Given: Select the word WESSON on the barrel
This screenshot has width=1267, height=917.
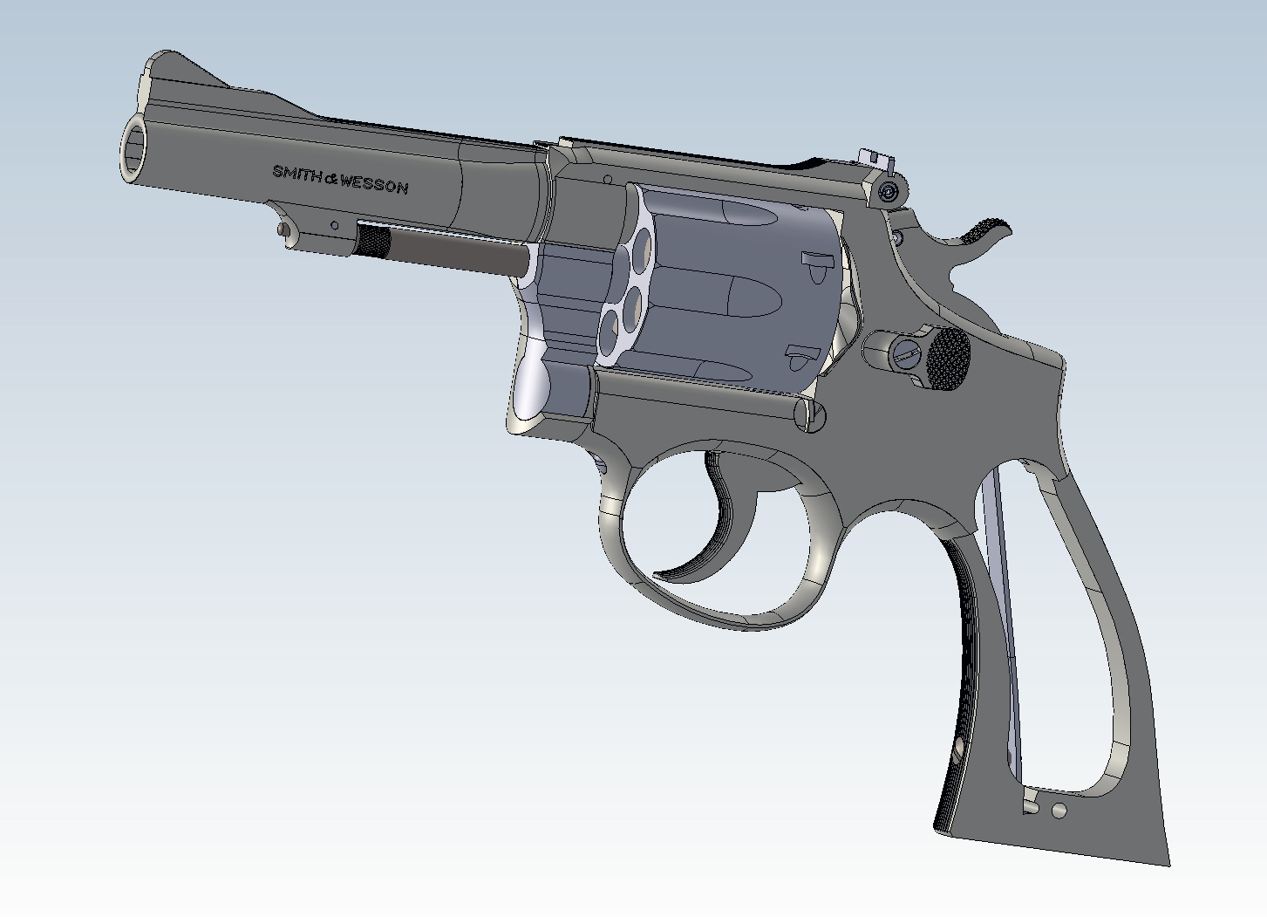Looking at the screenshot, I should pos(374,184).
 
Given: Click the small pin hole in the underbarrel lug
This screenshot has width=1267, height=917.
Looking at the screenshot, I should pos(335,225).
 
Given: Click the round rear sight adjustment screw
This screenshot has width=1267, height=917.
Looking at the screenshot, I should pos(889,192).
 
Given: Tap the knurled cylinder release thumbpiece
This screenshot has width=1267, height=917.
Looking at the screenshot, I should pos(948,359).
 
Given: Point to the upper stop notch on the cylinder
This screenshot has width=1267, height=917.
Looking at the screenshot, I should pos(816,262).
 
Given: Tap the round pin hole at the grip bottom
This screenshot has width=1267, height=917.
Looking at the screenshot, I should pos(1059,811).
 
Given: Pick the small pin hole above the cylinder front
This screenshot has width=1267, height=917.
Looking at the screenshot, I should pos(608,180).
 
